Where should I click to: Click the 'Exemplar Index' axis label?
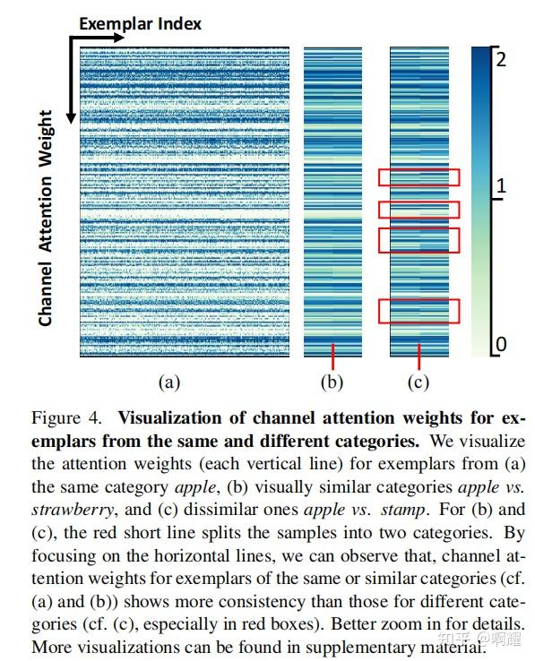click(x=140, y=22)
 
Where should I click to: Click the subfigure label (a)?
click(x=169, y=382)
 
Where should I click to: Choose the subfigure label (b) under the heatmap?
click(x=332, y=382)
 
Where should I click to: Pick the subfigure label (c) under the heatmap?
click(x=419, y=382)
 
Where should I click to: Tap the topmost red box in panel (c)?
click(x=419, y=177)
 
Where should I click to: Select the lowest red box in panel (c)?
click(x=419, y=311)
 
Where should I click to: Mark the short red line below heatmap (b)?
click(x=332, y=356)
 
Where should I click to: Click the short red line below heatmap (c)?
click(x=419, y=356)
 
